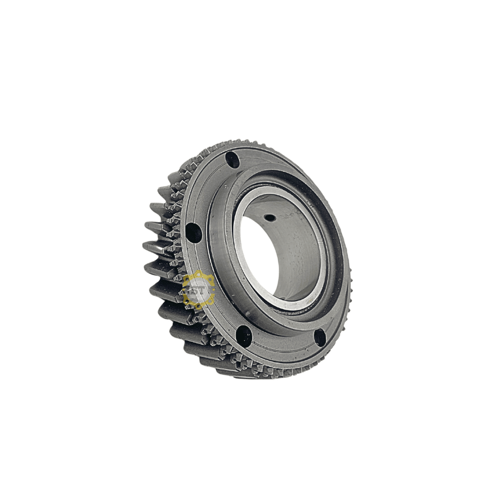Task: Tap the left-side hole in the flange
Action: pyautogui.click(x=193, y=233)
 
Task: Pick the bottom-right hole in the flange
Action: pyautogui.click(x=320, y=337)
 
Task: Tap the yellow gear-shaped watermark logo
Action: pyautogui.click(x=198, y=290)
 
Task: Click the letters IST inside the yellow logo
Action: pyautogui.click(x=198, y=290)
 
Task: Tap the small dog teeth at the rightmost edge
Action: pyautogui.click(x=347, y=278)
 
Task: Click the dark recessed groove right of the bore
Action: pyautogui.click(x=331, y=262)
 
